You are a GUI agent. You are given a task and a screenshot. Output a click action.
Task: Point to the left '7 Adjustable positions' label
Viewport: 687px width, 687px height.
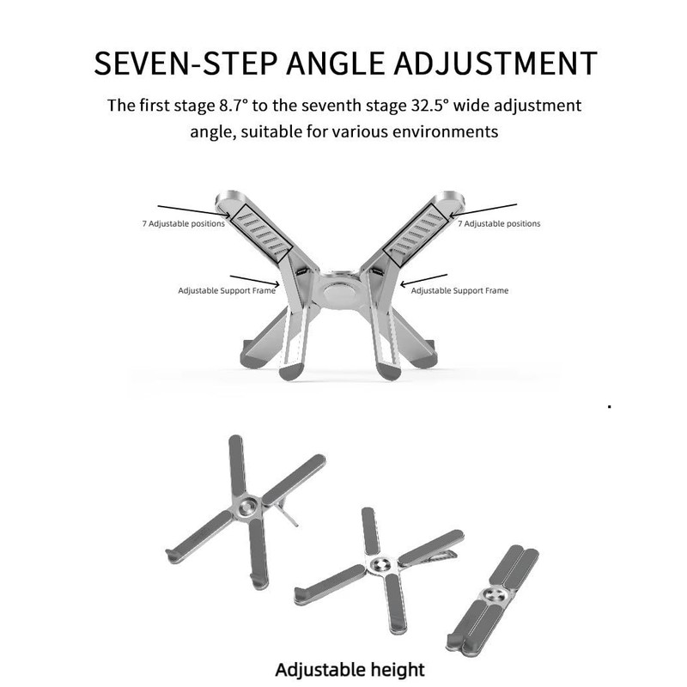[184, 223]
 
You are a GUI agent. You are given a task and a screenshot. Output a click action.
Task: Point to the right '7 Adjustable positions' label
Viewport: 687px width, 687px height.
[499, 223]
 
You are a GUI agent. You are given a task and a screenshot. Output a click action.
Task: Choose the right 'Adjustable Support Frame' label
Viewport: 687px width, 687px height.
[459, 290]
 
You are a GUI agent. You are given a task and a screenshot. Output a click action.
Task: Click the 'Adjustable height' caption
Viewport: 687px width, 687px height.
[350, 668]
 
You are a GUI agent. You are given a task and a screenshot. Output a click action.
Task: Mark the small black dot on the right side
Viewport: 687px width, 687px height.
[609, 404]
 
